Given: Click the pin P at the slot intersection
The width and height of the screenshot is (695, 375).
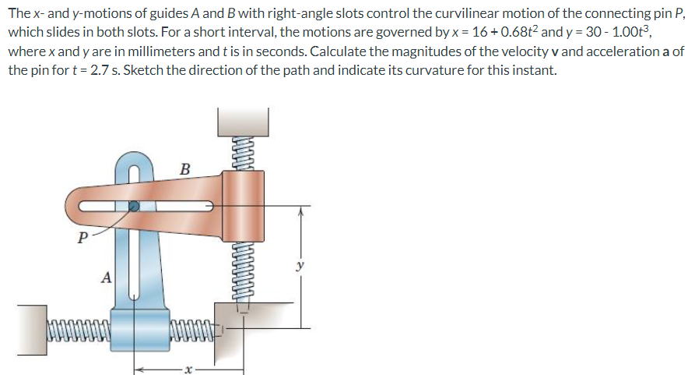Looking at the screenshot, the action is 133,206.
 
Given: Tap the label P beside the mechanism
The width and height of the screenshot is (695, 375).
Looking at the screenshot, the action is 82,238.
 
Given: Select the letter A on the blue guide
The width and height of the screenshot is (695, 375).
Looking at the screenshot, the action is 107,278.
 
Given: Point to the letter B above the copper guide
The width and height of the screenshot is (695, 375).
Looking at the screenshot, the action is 185,169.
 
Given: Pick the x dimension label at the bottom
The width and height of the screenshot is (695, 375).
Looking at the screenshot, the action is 188,370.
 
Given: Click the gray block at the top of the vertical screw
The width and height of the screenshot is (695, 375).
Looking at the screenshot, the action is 243,122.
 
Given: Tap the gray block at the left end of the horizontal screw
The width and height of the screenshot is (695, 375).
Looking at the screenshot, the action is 33,330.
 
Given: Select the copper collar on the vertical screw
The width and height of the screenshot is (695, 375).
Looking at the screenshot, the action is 243,206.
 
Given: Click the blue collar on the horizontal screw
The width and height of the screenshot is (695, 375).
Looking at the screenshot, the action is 140,331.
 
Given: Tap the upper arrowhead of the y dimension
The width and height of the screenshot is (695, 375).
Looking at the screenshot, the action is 300,212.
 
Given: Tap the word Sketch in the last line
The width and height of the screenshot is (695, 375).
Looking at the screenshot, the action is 143,70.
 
